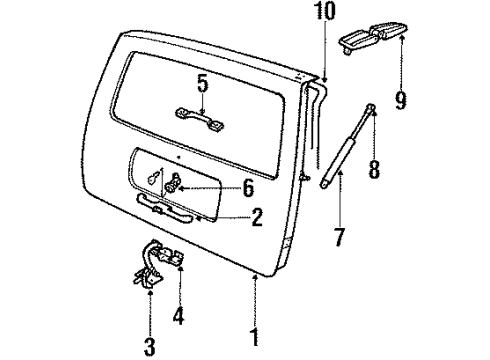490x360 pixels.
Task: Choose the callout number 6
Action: click(x=249, y=186)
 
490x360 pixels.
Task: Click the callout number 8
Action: click(x=375, y=170)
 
